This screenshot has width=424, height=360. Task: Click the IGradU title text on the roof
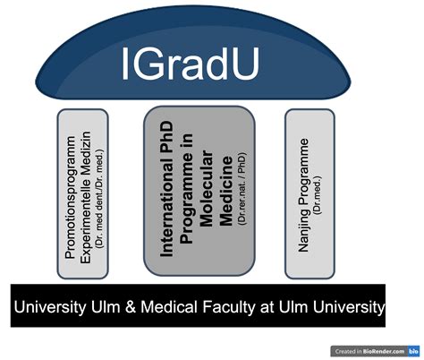click(x=191, y=64)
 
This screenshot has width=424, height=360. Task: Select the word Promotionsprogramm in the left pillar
click(x=70, y=197)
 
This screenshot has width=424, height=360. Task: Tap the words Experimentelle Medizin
click(x=86, y=197)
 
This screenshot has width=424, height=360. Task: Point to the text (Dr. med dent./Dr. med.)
click(x=99, y=198)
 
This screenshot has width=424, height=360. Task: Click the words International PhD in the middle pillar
click(x=166, y=189)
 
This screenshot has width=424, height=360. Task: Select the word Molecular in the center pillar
click(x=207, y=189)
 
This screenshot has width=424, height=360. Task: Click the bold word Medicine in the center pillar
click(x=225, y=191)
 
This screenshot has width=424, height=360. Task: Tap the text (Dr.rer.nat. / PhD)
click(x=242, y=188)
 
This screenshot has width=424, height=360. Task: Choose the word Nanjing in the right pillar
click(x=303, y=230)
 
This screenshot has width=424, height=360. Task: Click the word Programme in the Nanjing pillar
click(x=302, y=172)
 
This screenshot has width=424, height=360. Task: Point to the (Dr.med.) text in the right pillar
click(x=318, y=195)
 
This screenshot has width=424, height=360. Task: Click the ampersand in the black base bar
click(x=131, y=306)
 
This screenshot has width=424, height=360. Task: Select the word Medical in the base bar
click(x=169, y=306)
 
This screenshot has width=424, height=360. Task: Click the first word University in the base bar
click(x=49, y=307)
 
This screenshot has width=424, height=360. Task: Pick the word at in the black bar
click(x=267, y=307)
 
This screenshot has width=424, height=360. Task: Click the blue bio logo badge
click(x=413, y=351)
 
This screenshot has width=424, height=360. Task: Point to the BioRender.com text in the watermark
click(x=384, y=351)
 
